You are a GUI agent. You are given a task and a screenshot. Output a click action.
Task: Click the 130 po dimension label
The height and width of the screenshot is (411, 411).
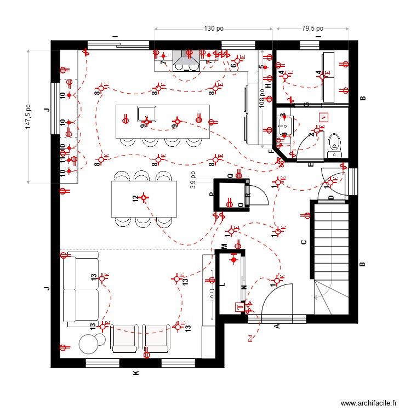coord(213,28)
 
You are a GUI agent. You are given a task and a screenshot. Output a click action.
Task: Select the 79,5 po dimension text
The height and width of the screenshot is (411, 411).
coord(312,28)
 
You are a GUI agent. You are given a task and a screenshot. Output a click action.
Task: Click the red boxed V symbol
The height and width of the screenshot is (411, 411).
coord(324,117)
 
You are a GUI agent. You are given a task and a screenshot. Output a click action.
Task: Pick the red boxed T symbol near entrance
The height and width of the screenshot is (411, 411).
coord(238,307)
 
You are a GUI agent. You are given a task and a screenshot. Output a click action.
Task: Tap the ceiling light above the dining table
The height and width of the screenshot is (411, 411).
coord(144,197)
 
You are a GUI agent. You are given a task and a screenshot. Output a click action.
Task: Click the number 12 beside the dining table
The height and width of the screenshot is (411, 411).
coord(135,198)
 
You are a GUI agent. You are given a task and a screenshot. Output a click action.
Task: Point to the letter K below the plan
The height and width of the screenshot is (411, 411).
coord(136,373)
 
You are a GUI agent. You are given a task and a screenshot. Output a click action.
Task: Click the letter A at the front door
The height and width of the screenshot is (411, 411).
coord(277,327)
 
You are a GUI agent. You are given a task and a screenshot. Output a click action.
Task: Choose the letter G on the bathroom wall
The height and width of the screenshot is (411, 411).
coord(306,104)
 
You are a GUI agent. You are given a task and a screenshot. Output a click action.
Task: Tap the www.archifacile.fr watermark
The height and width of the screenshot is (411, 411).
coord(369,403)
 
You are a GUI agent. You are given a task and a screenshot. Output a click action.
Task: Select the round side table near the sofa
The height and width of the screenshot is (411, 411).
coord(89,344)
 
